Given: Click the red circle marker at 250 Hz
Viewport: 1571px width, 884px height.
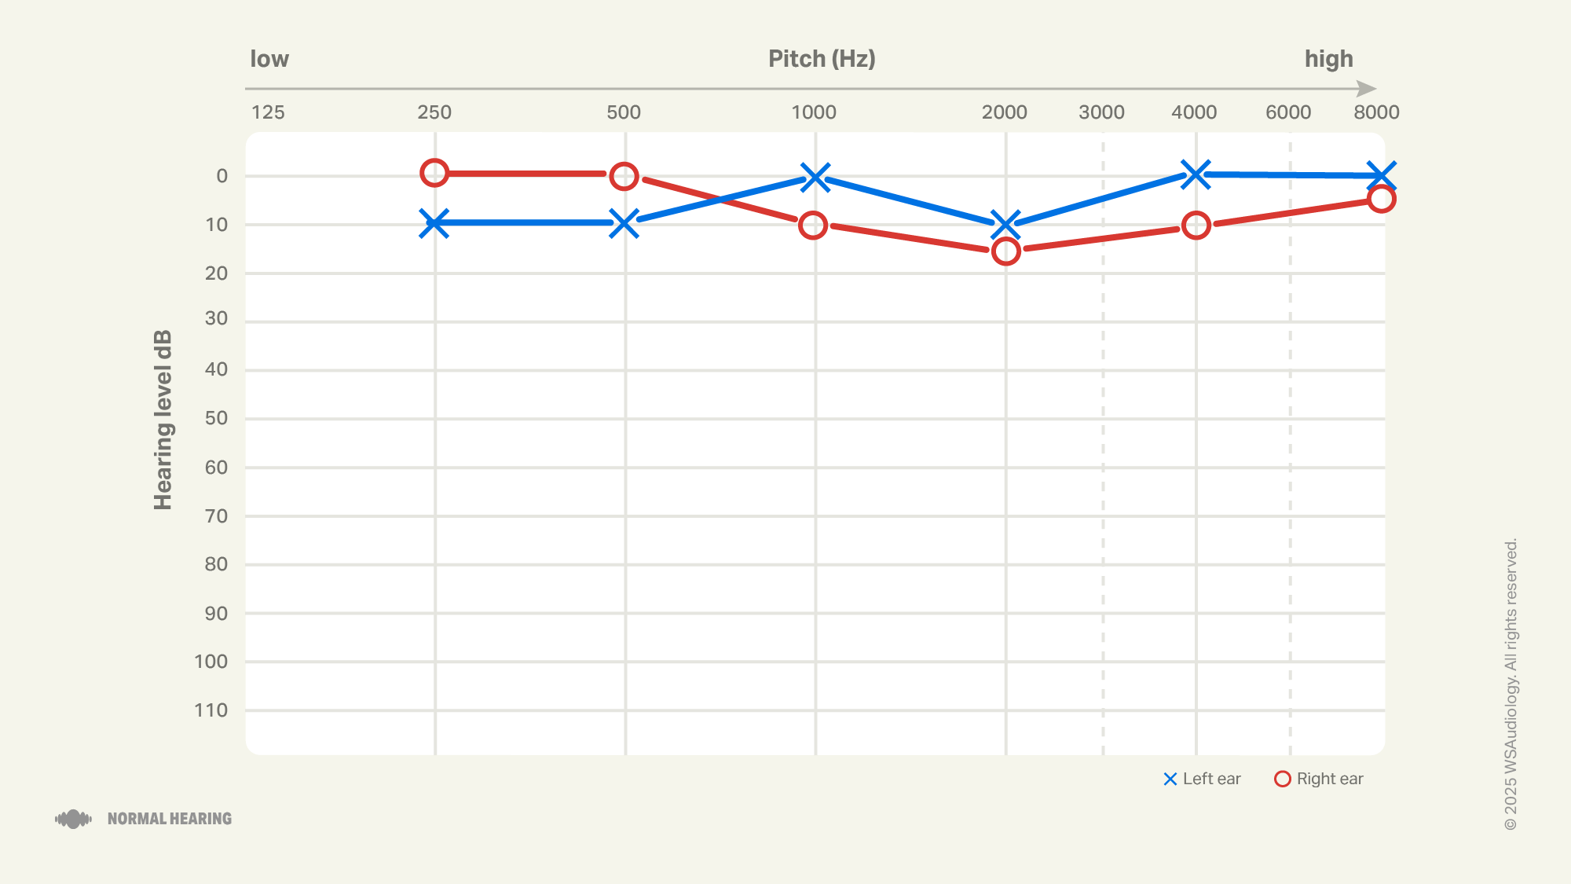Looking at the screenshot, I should pyautogui.click(x=434, y=173).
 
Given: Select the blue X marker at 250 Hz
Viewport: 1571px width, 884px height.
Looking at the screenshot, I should pyautogui.click(x=434, y=223).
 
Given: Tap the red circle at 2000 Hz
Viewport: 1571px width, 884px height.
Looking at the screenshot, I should pyautogui.click(x=1005, y=251).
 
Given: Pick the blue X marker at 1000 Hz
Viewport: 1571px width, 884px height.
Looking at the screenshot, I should pyautogui.click(x=815, y=178).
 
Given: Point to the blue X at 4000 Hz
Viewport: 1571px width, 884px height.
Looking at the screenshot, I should pyautogui.click(x=1196, y=174).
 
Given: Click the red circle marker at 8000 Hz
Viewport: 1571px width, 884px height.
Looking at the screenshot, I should pyautogui.click(x=1381, y=199).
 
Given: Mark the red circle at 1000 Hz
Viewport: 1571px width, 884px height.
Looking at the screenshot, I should pyautogui.click(x=813, y=226).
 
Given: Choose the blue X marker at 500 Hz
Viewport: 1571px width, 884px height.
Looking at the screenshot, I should pyautogui.click(x=624, y=223).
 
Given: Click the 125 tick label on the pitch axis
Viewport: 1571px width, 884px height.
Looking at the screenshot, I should pyautogui.click(x=268, y=112).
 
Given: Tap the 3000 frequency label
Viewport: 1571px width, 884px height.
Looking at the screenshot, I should pyautogui.click(x=1101, y=112).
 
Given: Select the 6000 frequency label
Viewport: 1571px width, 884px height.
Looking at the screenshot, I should pyautogui.click(x=1288, y=112).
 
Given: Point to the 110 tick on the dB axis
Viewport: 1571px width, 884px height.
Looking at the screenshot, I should pyautogui.click(x=211, y=710).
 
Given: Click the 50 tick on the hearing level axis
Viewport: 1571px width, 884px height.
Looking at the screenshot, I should pyautogui.click(x=216, y=418).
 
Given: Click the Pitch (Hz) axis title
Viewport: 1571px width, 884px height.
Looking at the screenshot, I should pyautogui.click(x=822, y=59).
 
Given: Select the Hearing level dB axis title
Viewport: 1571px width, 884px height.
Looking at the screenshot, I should pyautogui.click(x=163, y=420).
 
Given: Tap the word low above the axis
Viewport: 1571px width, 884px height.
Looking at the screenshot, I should pyautogui.click(x=269, y=59).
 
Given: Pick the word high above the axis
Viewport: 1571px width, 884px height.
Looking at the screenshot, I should pyautogui.click(x=1329, y=59).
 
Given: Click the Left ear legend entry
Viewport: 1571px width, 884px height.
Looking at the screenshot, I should pyautogui.click(x=1202, y=779).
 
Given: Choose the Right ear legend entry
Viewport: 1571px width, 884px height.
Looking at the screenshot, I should pyautogui.click(x=1319, y=779).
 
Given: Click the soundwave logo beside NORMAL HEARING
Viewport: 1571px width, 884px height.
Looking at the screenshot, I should pyautogui.click(x=73, y=819).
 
